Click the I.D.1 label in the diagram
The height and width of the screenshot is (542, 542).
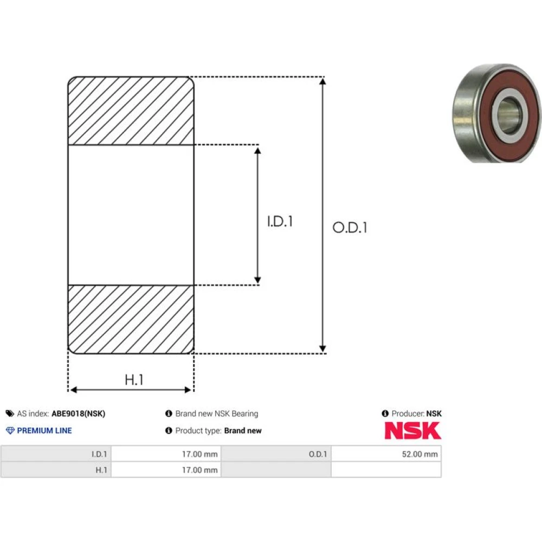(280, 221)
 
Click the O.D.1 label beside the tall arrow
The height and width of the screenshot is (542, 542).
(350, 228)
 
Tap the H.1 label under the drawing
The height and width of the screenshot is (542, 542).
(134, 380)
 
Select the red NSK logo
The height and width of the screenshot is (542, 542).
(412, 431)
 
